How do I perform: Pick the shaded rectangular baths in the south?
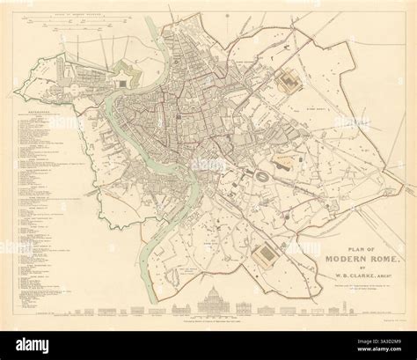pyautogui.click(x=261, y=256)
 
